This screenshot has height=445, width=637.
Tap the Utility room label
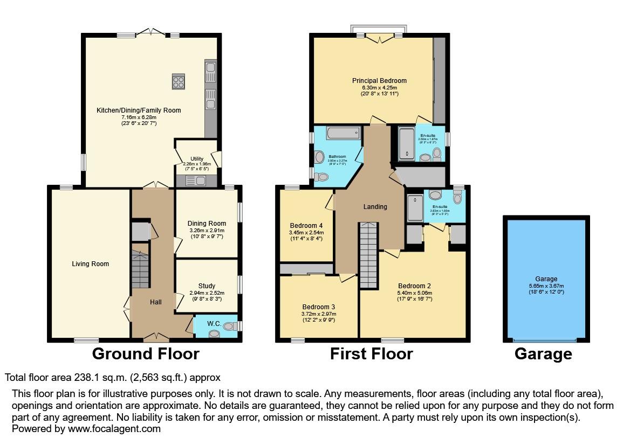pyautogui.click(x=196, y=159)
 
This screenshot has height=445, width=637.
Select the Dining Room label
pyautogui.click(x=207, y=223)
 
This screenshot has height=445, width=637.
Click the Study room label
pyautogui.click(x=207, y=286)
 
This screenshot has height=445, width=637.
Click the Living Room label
pyautogui.click(x=91, y=264)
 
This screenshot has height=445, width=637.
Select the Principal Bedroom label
pyautogui.click(x=379, y=81)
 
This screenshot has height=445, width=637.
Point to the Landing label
pyautogui.click(x=375, y=206)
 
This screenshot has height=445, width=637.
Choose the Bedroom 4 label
pyautogui.click(x=306, y=225)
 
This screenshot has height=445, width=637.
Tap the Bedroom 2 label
pyautogui.click(x=414, y=286)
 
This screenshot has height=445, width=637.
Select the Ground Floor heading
pyautogui.click(x=146, y=354)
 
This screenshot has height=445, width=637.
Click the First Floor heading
pyautogui.click(x=371, y=354)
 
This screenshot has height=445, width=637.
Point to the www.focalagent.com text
pyautogui.click(x=113, y=429)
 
